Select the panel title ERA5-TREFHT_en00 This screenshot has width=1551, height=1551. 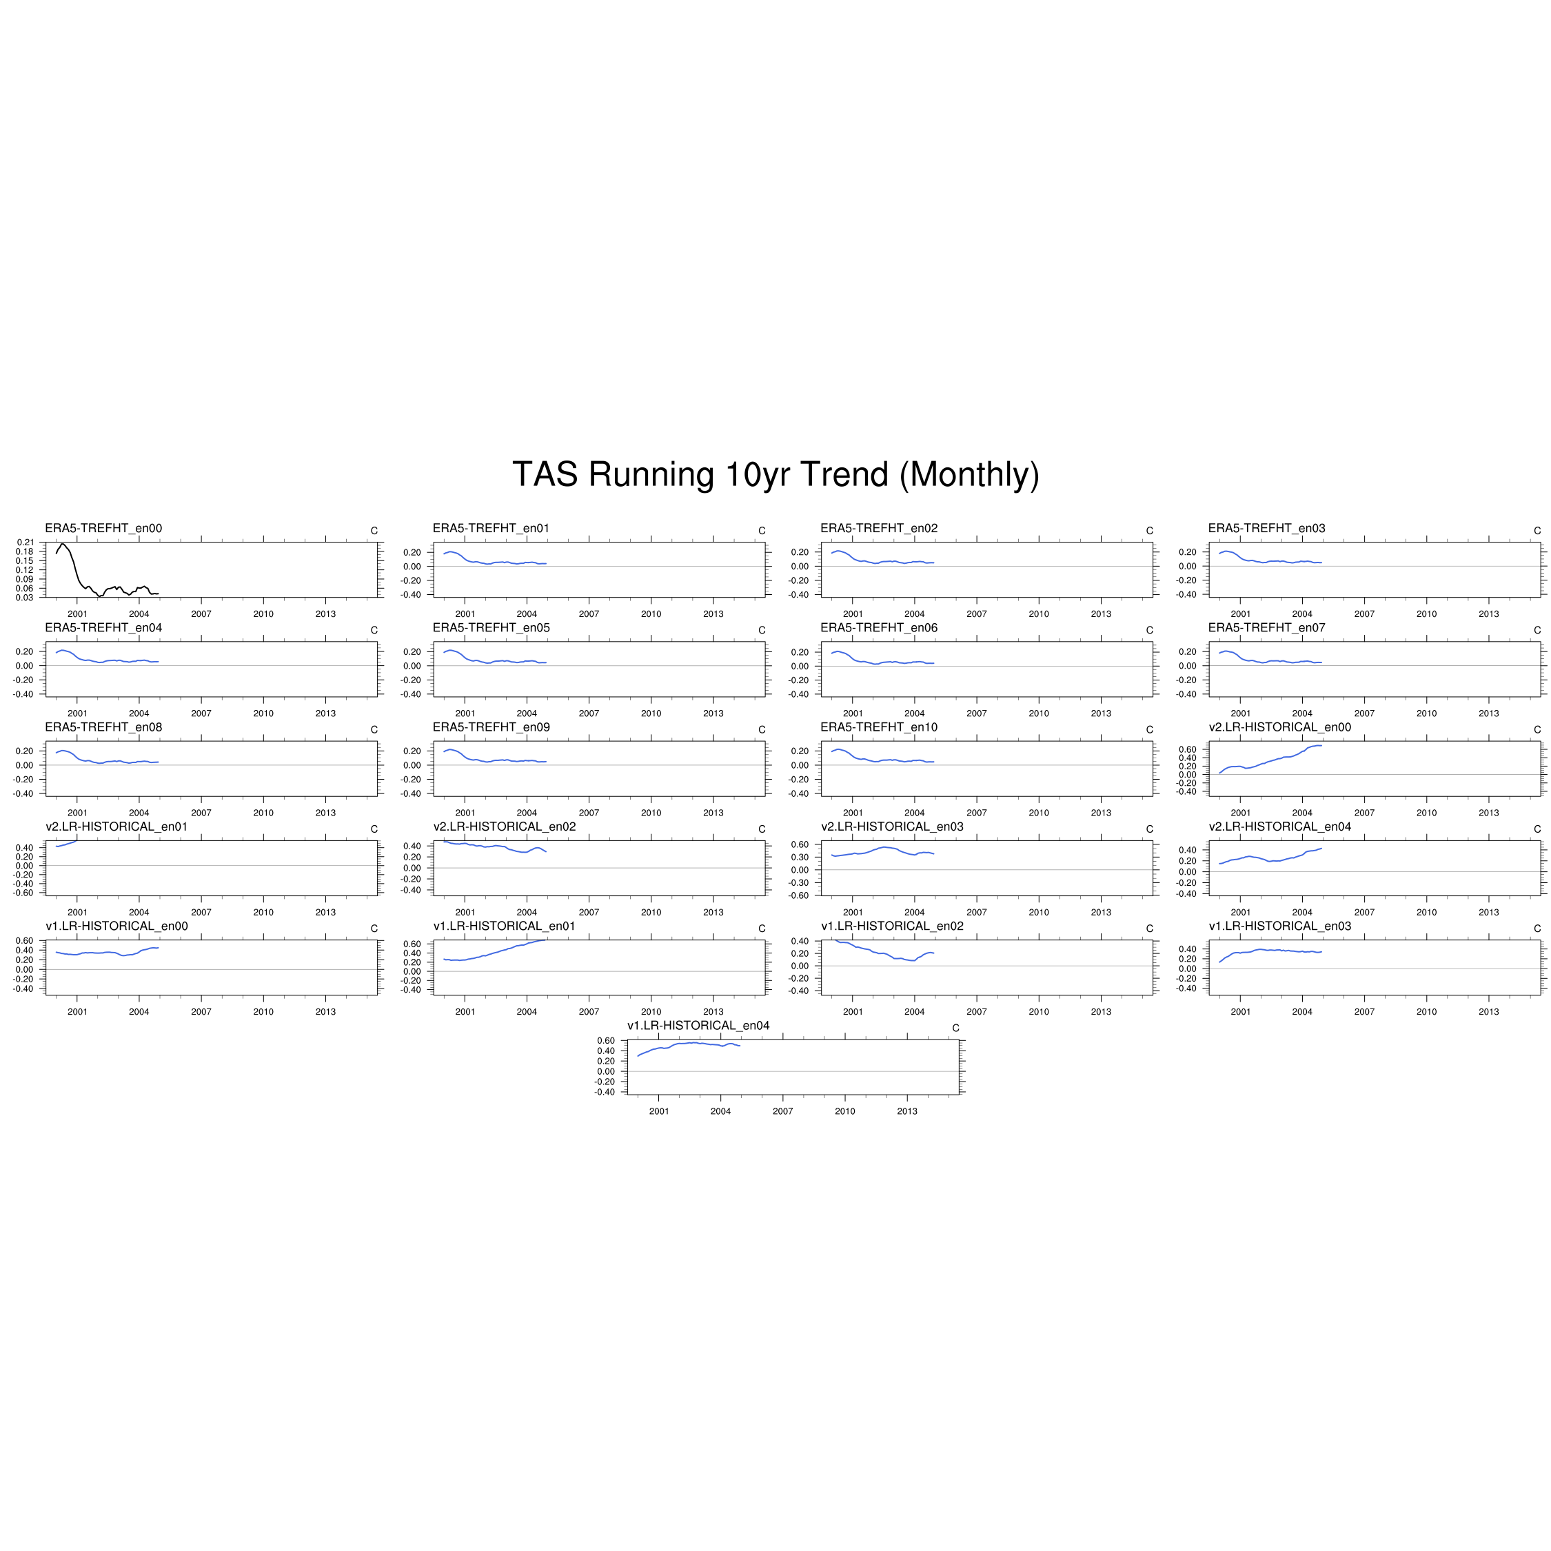(103, 528)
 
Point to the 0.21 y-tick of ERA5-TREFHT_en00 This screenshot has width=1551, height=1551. (24, 543)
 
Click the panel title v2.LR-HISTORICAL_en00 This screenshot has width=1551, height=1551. (1279, 727)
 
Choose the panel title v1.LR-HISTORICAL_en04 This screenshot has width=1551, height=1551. (698, 1025)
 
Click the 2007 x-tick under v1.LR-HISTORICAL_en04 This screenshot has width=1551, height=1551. (782, 1111)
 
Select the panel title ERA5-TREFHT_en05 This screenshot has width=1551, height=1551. (491, 628)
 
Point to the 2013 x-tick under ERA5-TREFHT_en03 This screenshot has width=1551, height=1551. (1488, 614)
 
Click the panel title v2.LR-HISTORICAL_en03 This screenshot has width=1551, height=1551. (892, 827)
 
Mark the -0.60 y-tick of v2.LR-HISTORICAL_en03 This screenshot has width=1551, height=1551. (800, 895)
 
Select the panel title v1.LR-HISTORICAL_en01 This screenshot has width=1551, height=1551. (504, 926)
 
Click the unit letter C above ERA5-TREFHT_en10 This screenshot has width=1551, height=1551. (1150, 730)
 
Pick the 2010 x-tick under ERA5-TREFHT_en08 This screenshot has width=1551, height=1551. (263, 813)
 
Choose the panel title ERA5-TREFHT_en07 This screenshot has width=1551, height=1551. (1267, 628)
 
